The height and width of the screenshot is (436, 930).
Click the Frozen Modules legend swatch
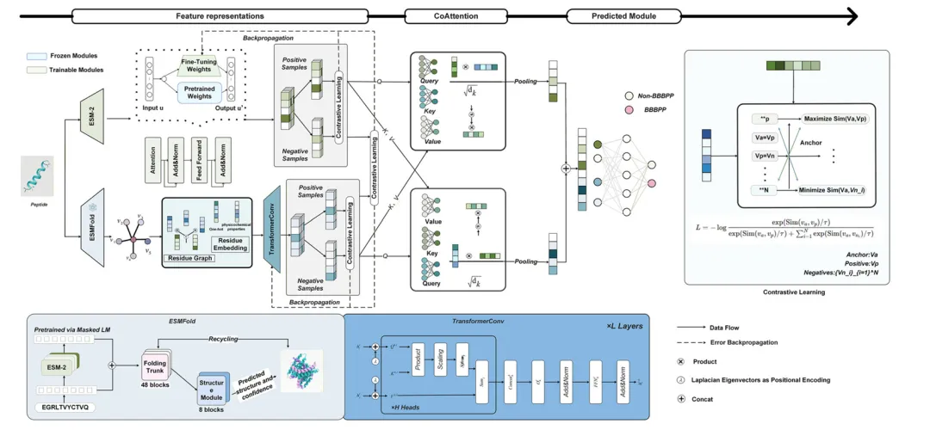coord(37,55)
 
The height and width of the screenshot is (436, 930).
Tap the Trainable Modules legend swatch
coord(37,69)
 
